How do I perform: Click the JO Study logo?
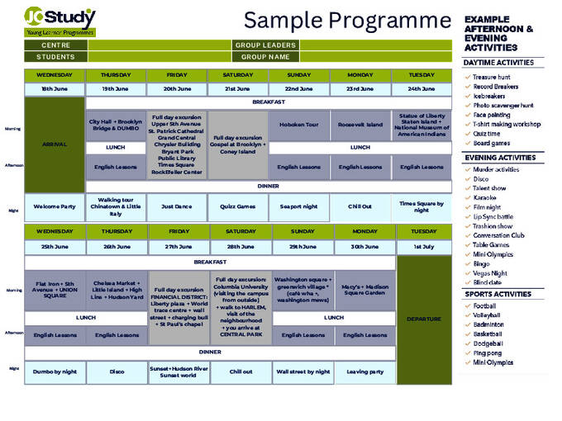tap(60, 21)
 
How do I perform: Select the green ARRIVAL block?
tap(55, 144)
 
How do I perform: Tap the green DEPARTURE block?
tap(424, 319)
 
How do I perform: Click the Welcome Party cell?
tap(55, 206)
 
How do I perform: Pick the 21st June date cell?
tap(237, 88)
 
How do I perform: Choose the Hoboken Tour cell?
tap(298, 125)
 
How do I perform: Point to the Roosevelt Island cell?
tap(360, 125)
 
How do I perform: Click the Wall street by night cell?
tap(302, 371)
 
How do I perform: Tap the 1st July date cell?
tap(424, 247)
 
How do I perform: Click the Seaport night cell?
tap(298, 206)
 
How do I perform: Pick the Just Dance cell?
tap(176, 206)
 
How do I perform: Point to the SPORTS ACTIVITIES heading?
tap(499, 293)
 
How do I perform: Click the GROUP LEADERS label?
tap(266, 45)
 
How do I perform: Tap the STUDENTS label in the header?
tap(55, 57)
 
